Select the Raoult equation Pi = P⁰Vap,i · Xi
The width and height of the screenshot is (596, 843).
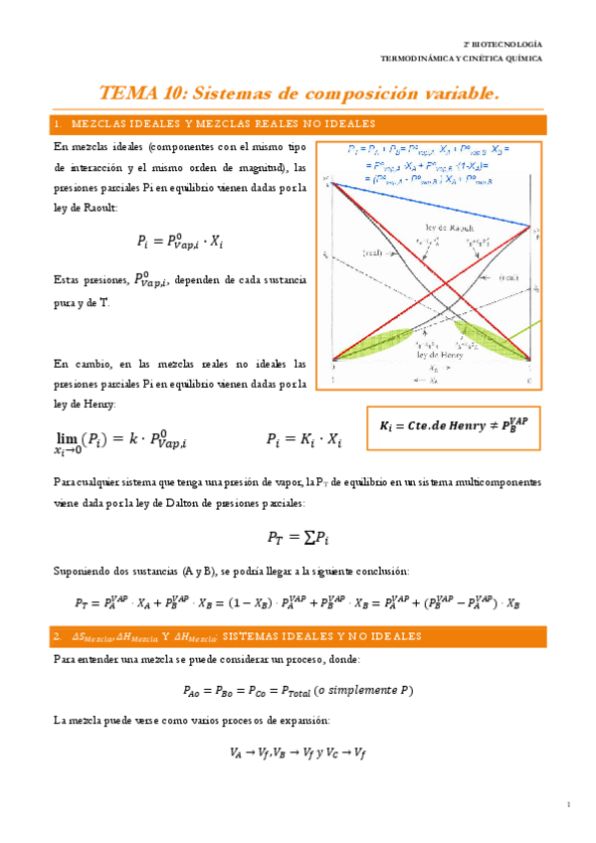pos(180,241)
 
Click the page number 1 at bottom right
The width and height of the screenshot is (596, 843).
pos(568,804)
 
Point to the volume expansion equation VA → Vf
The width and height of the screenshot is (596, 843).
pos(298,753)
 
